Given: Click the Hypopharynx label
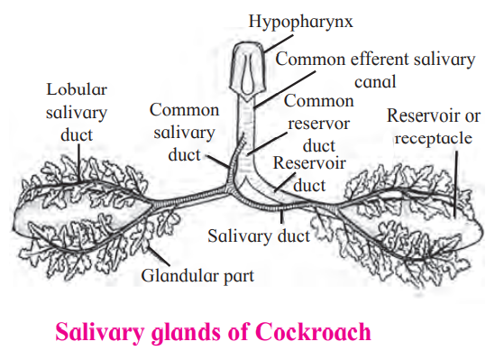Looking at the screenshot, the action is point(300,23).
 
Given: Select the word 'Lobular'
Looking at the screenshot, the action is point(77,89).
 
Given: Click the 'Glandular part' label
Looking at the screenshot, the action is point(197,276).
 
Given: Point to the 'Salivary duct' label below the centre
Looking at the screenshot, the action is point(259,236).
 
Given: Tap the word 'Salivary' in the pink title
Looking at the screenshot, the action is point(100,333).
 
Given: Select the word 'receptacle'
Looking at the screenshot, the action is point(434,139).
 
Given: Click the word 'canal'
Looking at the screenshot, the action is point(375,82).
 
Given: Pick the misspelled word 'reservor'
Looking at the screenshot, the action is point(318,124).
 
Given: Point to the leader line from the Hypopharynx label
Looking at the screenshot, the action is point(279,43).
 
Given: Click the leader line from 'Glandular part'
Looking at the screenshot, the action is point(158,255).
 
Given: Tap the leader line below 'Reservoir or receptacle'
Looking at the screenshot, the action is point(456,184).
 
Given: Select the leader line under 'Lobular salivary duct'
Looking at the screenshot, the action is point(79,163).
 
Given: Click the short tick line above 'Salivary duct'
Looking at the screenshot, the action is point(281,217).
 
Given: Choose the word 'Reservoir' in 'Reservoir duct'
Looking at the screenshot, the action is point(309,162).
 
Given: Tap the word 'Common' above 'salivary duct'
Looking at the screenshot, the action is point(185,110).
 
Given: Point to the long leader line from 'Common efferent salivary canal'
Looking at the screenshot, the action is point(286,89).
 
